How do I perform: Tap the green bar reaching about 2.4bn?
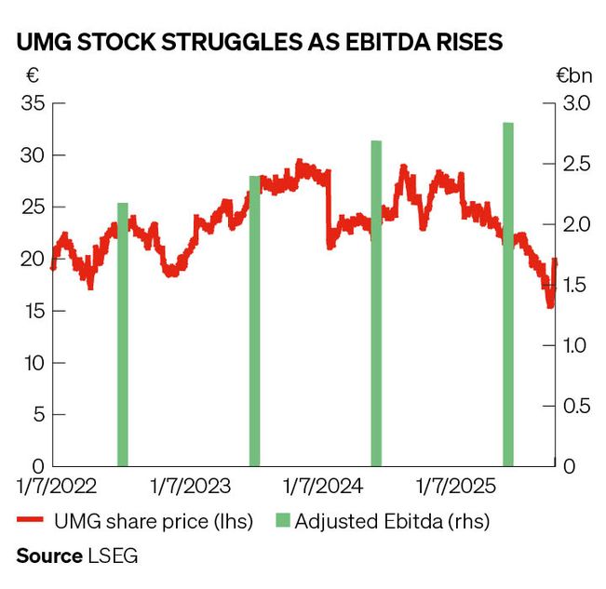click(x=255, y=320)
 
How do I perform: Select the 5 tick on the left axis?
click(x=37, y=415)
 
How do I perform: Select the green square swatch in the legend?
click(x=281, y=521)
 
